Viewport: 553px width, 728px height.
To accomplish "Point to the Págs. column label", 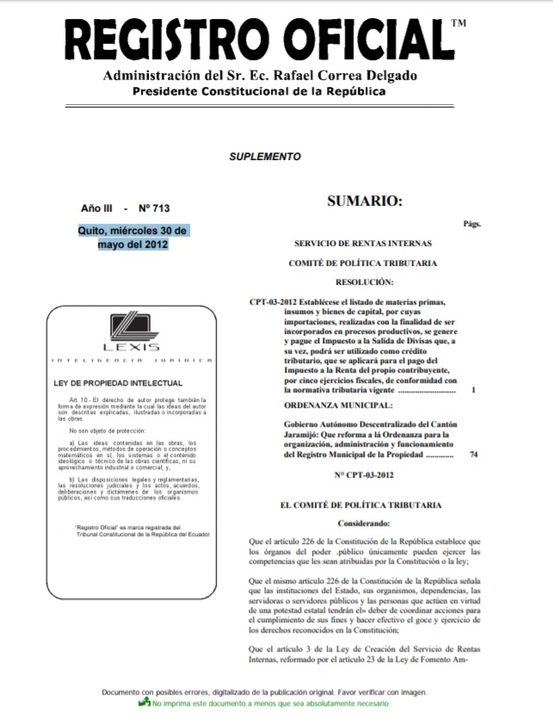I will point(471,224).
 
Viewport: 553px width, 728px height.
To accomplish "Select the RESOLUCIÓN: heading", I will point(365,281).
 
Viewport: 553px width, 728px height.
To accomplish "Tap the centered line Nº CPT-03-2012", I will point(364,475).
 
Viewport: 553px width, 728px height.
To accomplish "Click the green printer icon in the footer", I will point(144,704).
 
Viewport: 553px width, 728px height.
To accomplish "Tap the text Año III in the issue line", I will point(95,209).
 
